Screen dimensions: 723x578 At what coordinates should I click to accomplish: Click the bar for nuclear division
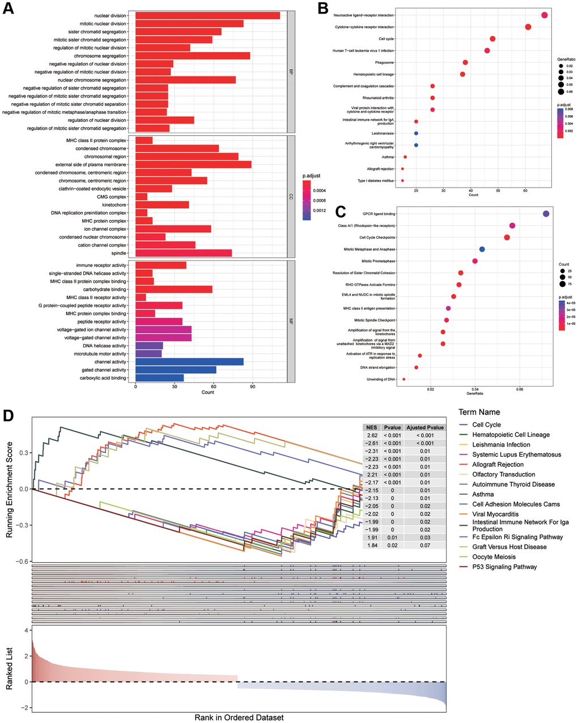(x=207, y=15)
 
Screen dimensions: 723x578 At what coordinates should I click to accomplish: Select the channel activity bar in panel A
(x=189, y=361)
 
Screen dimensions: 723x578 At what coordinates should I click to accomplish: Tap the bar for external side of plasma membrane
(x=193, y=164)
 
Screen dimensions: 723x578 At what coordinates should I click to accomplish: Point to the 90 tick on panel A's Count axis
(x=253, y=387)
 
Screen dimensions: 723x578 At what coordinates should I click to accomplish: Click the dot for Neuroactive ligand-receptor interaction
(x=545, y=15)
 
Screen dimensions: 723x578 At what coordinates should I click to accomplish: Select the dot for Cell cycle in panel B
(x=492, y=39)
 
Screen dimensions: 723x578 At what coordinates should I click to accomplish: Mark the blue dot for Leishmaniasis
(x=416, y=133)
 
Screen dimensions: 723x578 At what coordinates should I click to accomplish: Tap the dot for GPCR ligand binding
(x=546, y=214)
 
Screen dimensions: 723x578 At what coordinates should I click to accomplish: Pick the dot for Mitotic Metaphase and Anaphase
(x=482, y=249)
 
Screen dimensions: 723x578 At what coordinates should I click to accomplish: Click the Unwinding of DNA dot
(x=403, y=379)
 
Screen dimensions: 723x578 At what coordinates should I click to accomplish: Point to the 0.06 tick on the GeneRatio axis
(x=520, y=389)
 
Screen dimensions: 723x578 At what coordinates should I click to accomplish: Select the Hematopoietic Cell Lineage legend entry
(x=511, y=435)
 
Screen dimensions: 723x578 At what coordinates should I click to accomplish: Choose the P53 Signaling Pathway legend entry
(x=504, y=567)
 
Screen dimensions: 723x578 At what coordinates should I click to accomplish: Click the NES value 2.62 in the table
(x=372, y=436)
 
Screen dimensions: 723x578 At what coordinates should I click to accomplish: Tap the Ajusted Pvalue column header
(x=424, y=428)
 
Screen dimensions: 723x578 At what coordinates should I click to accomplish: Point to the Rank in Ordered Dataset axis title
(x=239, y=717)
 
